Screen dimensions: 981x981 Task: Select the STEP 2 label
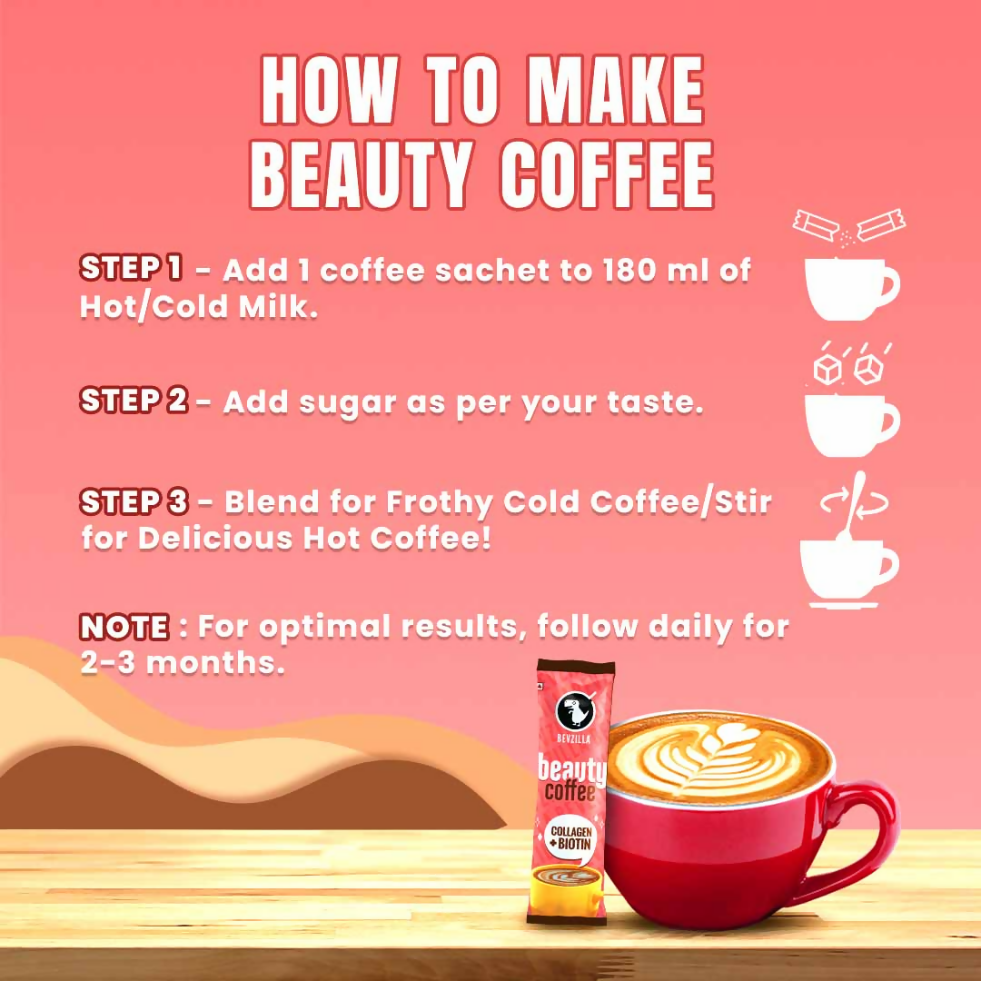[134, 401]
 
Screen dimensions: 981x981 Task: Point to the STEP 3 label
[134, 501]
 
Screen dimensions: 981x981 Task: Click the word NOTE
[124, 627]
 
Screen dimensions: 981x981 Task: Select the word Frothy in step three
[438, 502]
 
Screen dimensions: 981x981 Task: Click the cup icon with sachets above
[850, 286]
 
